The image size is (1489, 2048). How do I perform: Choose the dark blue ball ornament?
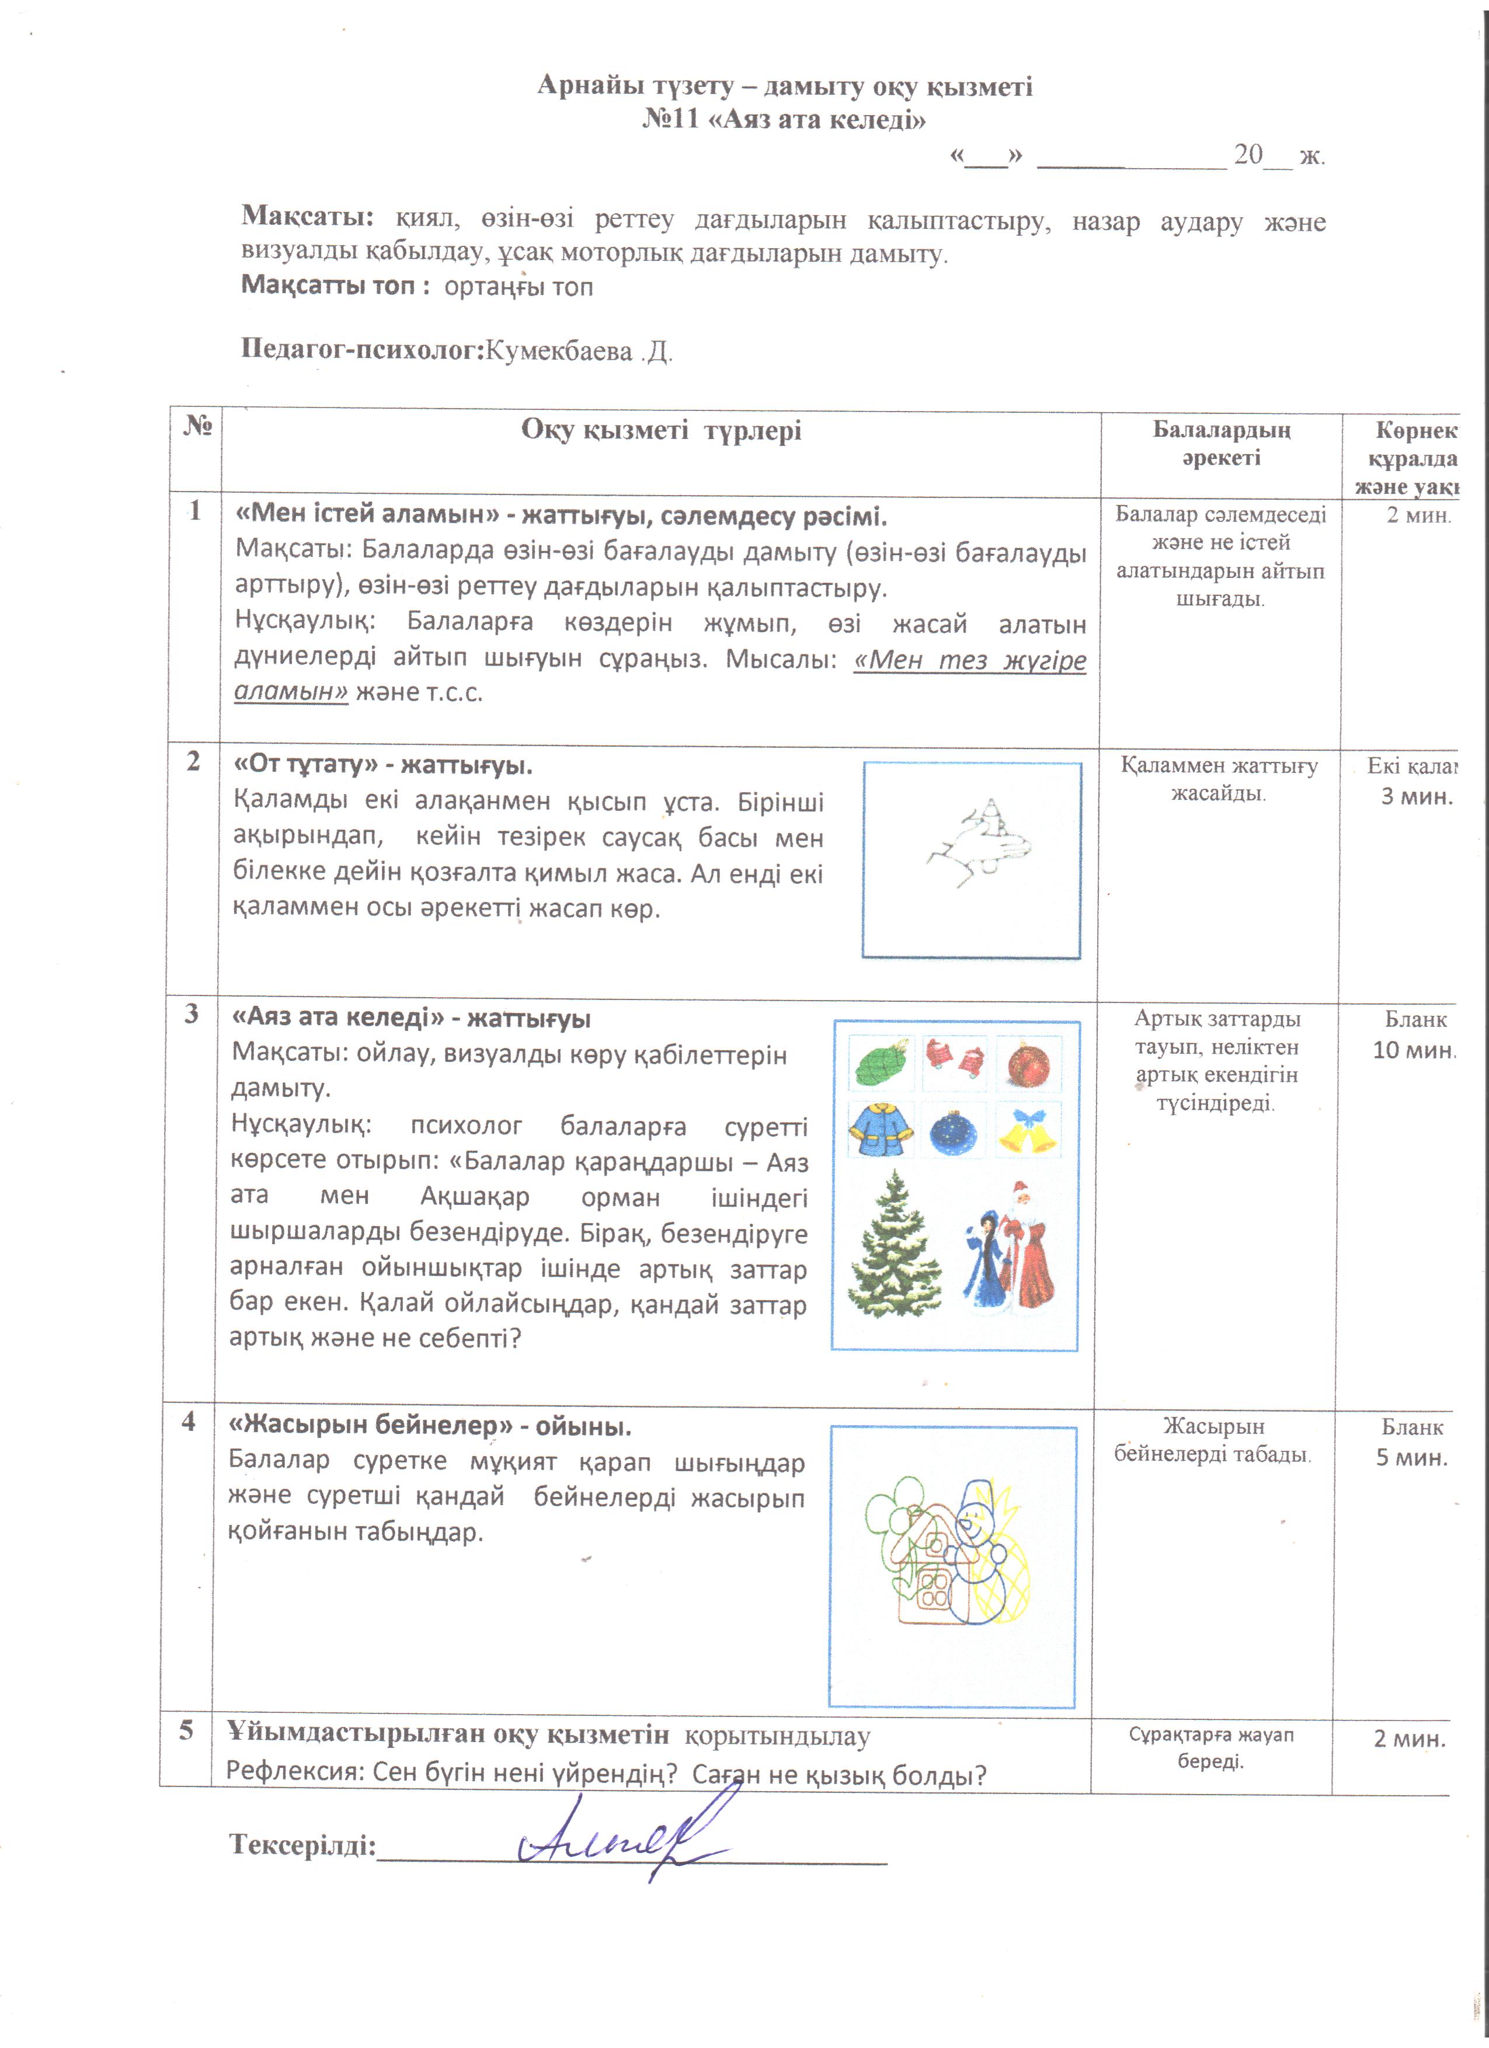954,1131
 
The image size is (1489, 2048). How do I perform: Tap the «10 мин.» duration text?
1413,1049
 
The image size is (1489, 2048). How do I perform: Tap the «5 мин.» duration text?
1411,1457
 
